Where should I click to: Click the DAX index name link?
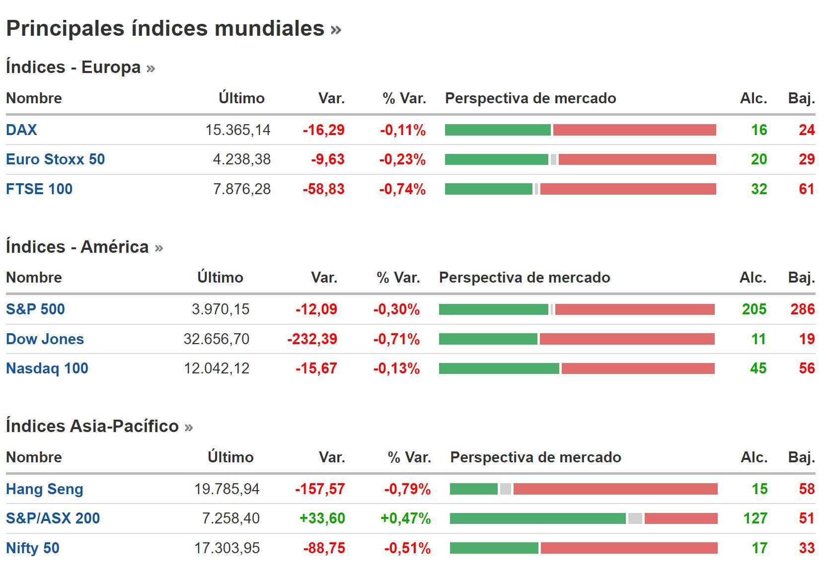click(x=21, y=130)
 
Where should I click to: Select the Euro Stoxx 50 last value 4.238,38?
click(x=241, y=159)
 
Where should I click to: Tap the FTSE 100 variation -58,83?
click(x=323, y=189)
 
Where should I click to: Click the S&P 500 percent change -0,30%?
click(x=396, y=309)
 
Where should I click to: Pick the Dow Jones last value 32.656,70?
click(x=216, y=339)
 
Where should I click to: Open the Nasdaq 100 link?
click(x=47, y=368)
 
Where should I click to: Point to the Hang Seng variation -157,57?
click(x=320, y=489)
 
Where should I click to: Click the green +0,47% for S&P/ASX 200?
click(x=405, y=518)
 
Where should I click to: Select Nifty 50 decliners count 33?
click(x=807, y=548)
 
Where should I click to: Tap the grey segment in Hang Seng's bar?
click(x=505, y=489)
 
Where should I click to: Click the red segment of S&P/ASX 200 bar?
click(x=680, y=518)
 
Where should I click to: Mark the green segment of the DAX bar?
click(x=498, y=130)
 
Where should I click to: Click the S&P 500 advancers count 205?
click(x=754, y=309)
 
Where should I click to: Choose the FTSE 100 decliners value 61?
click(x=807, y=189)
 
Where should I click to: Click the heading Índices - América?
click(x=77, y=247)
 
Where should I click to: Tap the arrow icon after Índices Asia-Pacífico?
click(x=189, y=427)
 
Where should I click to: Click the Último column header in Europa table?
click(x=241, y=98)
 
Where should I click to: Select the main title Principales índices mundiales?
click(x=165, y=28)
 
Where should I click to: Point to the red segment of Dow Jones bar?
click(x=627, y=339)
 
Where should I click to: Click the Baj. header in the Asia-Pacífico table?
click(x=801, y=457)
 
